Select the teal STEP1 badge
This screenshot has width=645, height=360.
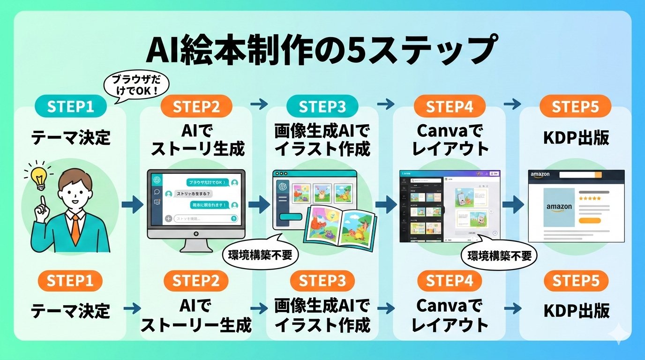(x=70, y=106)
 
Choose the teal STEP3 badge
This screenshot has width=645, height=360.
(x=322, y=106)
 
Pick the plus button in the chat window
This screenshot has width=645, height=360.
(x=168, y=218)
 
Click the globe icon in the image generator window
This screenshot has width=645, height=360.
(x=283, y=186)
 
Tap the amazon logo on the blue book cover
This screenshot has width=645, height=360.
(x=559, y=207)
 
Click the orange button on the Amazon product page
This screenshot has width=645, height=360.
(x=590, y=220)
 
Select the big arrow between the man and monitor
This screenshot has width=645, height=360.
(x=132, y=204)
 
